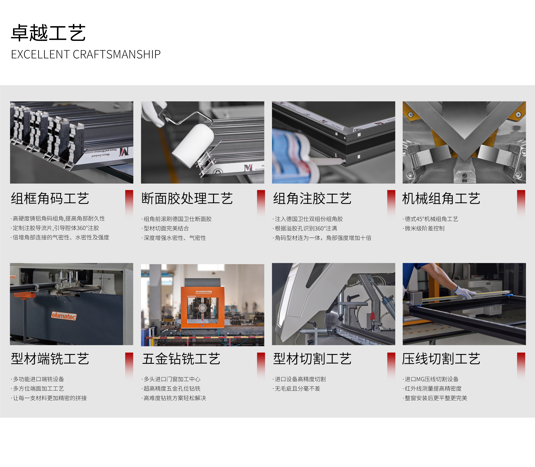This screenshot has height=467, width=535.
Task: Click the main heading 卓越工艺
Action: (x=48, y=33)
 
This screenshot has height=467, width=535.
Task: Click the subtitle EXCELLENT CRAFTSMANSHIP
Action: (x=86, y=54)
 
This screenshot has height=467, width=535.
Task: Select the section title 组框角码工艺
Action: (x=50, y=199)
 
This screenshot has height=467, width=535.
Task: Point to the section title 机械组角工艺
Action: (x=441, y=199)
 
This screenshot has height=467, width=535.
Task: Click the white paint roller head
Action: (x=193, y=145)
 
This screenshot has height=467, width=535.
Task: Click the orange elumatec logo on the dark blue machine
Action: (x=64, y=316)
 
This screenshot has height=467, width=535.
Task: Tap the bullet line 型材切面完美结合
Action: (x=166, y=229)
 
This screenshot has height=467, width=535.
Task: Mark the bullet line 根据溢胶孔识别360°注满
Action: (x=306, y=229)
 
